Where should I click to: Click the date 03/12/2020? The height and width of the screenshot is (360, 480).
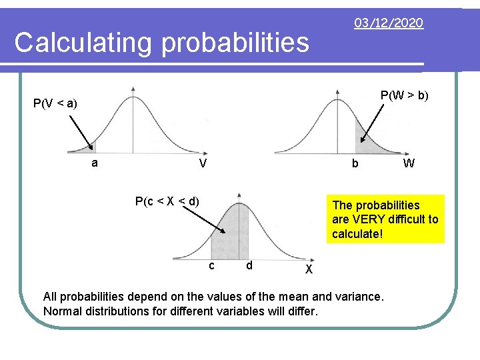(x=389, y=23)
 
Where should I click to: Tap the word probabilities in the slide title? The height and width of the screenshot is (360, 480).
(x=235, y=43)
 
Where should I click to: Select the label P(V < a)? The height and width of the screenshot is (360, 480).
(x=55, y=103)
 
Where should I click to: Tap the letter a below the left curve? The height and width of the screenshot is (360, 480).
(x=95, y=163)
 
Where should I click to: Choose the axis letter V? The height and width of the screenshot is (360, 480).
(x=201, y=164)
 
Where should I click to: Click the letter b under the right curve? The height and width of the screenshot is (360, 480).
(x=355, y=164)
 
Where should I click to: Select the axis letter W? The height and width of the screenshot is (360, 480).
(x=409, y=163)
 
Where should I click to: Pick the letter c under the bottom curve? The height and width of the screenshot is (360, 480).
(x=211, y=265)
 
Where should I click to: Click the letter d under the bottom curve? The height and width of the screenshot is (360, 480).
(x=248, y=265)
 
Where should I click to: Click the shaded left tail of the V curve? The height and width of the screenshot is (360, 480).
(x=91, y=149)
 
